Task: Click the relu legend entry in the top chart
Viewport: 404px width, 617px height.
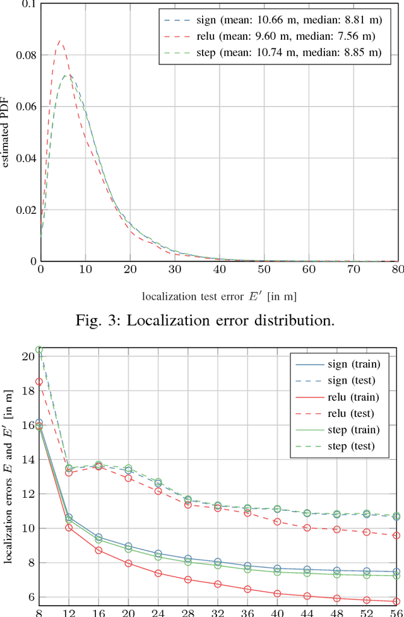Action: (271, 36)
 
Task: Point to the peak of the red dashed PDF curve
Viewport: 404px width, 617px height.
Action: (60, 42)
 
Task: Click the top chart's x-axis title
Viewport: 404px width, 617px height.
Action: (219, 295)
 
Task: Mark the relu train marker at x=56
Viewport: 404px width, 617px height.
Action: (396, 601)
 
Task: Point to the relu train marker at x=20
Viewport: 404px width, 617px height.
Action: (129, 563)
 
